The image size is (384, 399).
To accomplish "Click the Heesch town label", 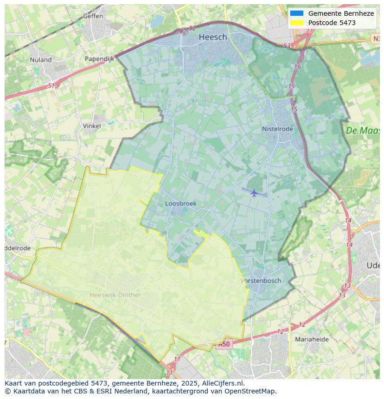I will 213,37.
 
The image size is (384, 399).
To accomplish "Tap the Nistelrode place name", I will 277,129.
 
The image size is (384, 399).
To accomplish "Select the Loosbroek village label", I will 181,203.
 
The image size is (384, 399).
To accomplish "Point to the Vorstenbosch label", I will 261,281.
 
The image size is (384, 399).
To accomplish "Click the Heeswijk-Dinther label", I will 115,295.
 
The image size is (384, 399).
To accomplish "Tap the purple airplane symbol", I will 254,193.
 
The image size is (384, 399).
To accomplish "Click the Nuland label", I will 41,59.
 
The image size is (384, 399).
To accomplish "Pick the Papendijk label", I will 99,59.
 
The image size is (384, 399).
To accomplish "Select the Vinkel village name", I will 91,126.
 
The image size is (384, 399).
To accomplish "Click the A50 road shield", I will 224,344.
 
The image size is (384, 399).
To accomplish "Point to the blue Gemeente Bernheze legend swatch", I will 297,13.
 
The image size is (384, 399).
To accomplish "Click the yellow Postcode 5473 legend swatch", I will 297,23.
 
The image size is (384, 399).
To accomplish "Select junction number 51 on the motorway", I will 51,86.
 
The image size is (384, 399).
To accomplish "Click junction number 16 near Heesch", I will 297,67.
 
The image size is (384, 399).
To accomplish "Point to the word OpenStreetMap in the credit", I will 252,391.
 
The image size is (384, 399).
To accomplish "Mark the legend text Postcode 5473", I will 332,23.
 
